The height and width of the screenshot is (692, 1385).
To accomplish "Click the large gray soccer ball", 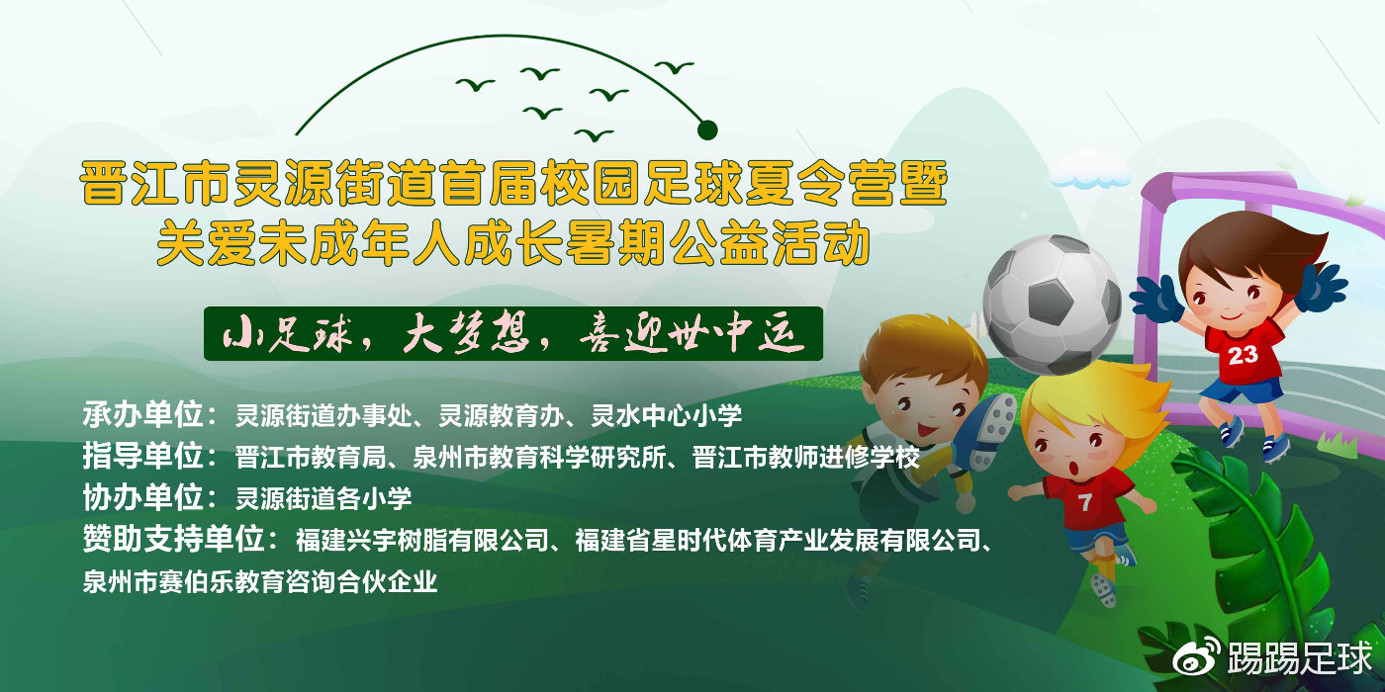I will click(1052, 303).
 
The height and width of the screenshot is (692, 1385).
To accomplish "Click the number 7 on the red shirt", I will click(1084, 503).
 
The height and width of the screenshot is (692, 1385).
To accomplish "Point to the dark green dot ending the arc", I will click(707, 129).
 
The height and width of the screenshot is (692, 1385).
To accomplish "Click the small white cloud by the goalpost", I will click(1091, 176).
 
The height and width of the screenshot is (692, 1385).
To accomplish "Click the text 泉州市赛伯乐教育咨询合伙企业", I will click(259, 582).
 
